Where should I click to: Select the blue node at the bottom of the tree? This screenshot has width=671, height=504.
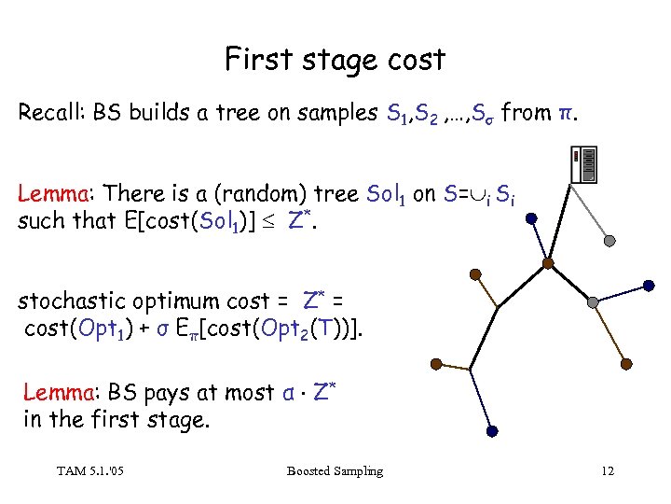point(493,430)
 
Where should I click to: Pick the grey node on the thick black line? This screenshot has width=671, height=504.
point(592,301)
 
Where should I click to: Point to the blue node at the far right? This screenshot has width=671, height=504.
point(646,282)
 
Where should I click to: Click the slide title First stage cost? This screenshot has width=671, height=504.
point(335,60)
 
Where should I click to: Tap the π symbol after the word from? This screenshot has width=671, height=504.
point(565,115)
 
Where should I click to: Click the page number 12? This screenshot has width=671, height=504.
point(608,470)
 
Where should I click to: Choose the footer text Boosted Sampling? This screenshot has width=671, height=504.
point(335,470)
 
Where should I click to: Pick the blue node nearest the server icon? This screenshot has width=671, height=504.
point(530,219)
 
